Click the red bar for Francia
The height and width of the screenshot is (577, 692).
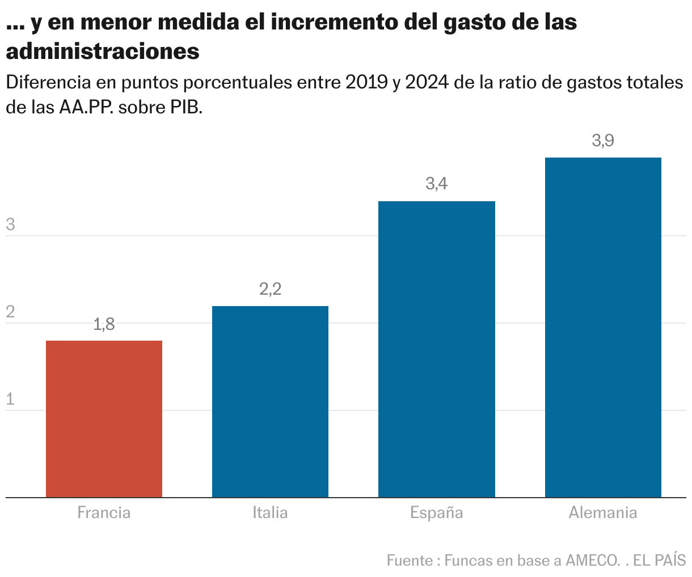pos(104,419)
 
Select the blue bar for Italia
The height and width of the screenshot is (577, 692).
pos(270,402)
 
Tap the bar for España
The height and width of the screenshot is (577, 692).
pos(437,349)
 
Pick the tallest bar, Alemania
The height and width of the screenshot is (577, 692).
pos(603,328)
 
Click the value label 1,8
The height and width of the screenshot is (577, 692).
pos(104,325)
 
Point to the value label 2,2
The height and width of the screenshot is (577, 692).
pos(270,290)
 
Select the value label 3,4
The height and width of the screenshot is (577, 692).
pos(437,184)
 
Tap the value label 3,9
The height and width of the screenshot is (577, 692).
pos(603,141)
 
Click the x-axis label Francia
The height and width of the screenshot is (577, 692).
pos(104,513)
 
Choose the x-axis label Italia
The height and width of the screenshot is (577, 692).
pos(270,513)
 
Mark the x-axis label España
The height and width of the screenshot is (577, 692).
pos(437,513)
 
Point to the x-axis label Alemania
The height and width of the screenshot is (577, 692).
pos(603,513)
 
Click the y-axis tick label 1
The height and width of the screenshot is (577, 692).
pos(10,400)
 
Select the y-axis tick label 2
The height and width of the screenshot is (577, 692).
pos(10,312)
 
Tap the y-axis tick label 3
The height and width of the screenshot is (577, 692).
pos(10,225)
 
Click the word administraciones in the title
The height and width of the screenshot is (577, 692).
pos(103,52)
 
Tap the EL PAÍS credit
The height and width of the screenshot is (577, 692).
pos(660,561)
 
